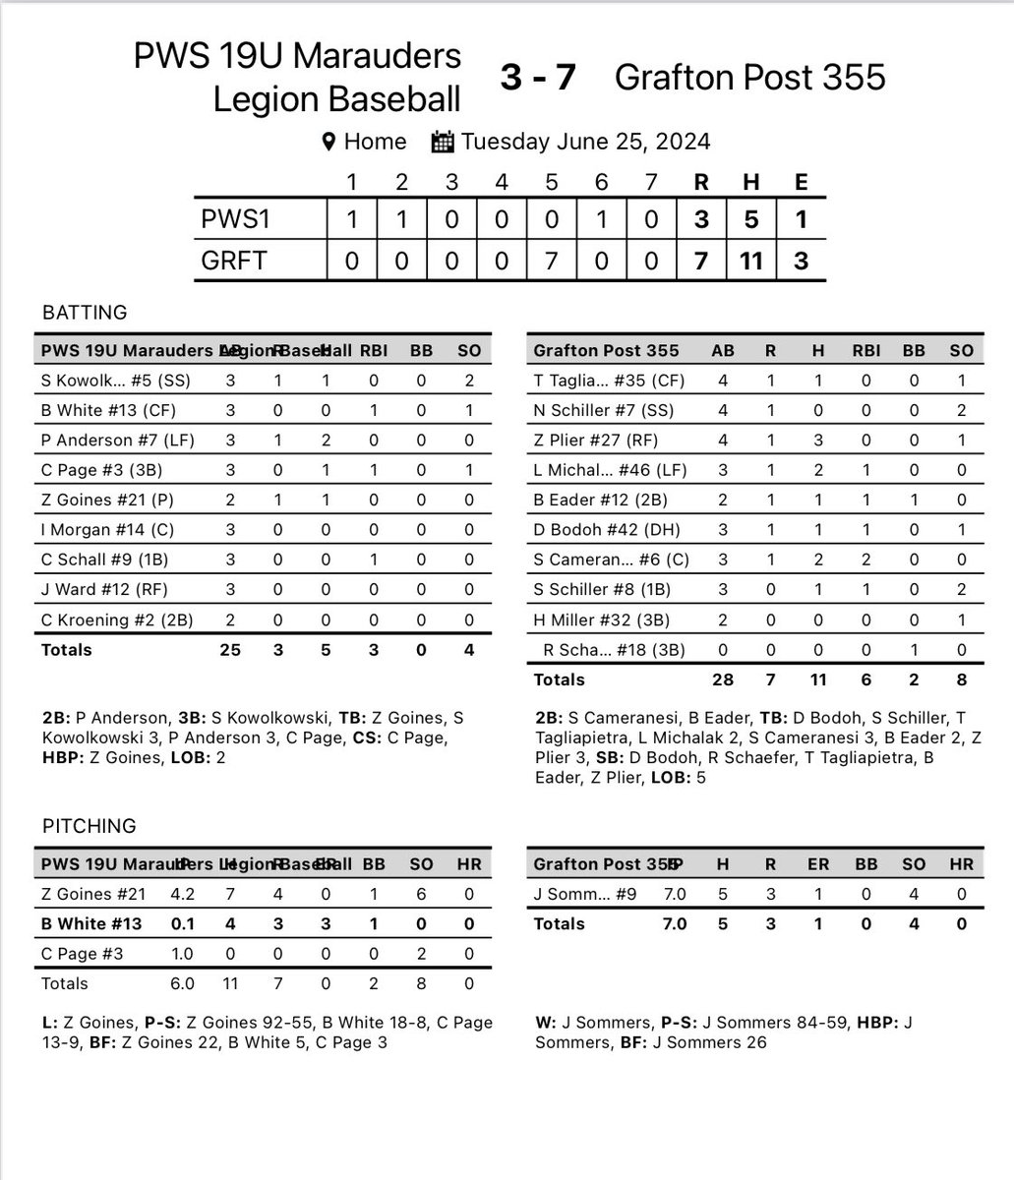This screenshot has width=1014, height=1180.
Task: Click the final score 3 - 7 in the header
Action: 537,77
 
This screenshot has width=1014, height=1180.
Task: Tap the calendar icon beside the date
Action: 443,142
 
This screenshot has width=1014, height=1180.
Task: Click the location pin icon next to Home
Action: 330,142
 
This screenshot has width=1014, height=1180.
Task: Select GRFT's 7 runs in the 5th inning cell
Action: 551,263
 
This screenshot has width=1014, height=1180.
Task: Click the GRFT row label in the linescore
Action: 235,263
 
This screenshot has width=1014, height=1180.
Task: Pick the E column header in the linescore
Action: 802,182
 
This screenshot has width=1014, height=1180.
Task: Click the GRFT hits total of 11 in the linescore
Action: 751,263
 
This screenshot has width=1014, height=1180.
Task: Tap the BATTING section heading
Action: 85,313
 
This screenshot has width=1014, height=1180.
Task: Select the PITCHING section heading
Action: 89,826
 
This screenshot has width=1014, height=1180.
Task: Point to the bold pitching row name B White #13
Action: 91,923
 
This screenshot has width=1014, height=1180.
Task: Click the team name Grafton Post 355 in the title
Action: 750,77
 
